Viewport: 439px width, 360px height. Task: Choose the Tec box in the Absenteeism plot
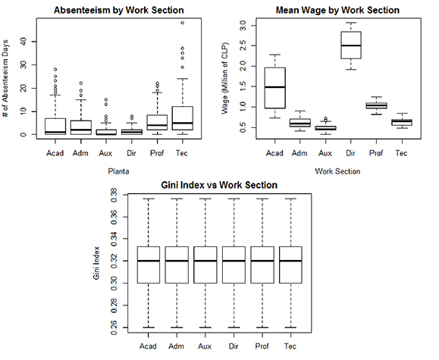[183, 118]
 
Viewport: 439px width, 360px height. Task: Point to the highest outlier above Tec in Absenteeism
[183, 23]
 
